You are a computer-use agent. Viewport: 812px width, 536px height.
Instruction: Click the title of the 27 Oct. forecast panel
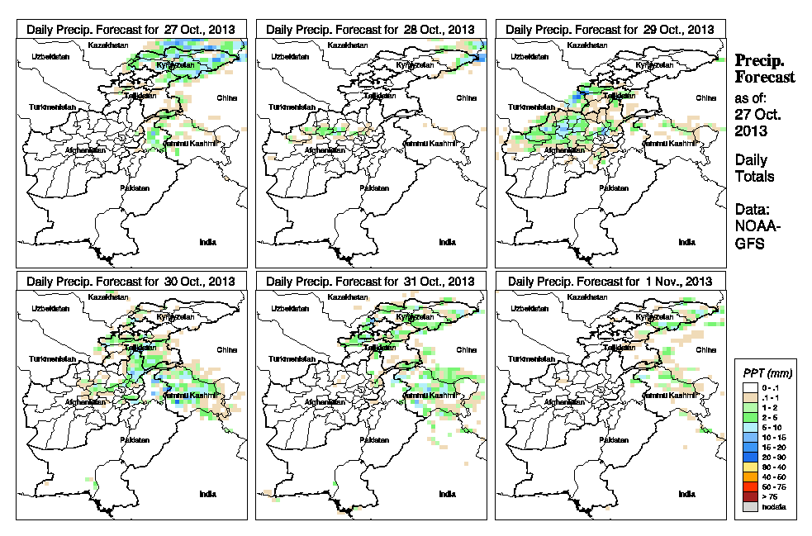tap(131, 29)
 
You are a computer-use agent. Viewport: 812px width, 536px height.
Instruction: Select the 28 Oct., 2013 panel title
tap(370, 29)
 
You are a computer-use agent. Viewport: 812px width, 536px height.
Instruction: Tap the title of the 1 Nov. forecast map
tap(610, 282)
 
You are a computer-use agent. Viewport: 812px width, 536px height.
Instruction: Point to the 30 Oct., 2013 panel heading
tap(131, 282)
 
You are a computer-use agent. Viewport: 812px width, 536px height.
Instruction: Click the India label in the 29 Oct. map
tap(686, 242)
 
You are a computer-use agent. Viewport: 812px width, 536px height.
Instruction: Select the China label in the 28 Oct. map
tap(466, 97)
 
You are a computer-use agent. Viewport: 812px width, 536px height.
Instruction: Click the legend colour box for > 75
tap(750, 496)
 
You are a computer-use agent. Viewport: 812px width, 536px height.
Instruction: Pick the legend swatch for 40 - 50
tap(750, 477)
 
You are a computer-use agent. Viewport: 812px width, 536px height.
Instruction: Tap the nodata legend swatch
tap(750, 506)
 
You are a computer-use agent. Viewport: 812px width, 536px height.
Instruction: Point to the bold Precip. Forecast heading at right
tap(765, 69)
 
